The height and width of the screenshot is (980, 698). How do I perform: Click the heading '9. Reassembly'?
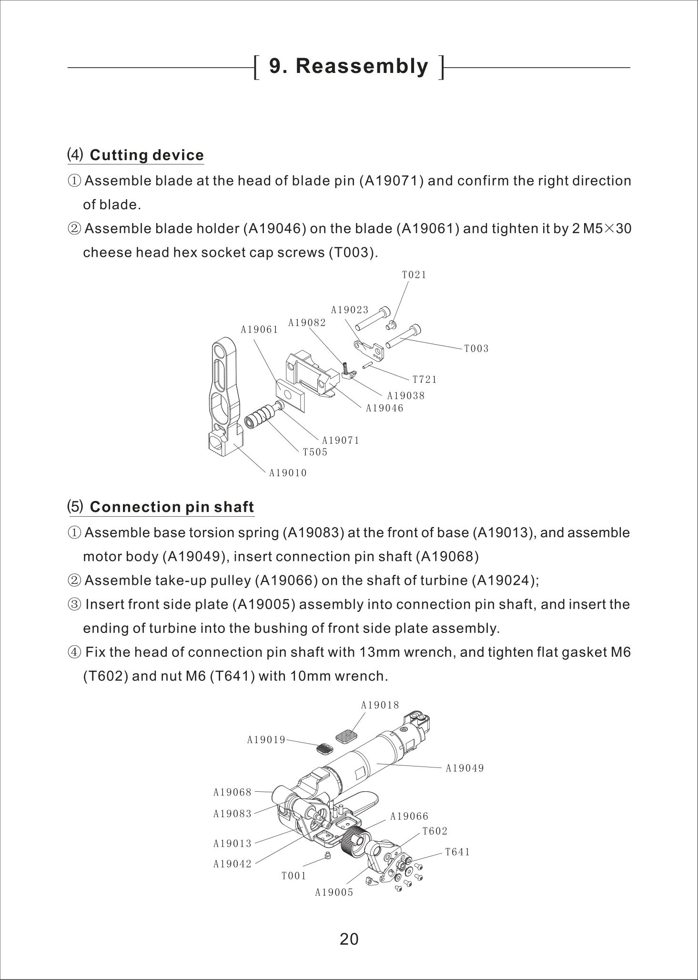pos(349,66)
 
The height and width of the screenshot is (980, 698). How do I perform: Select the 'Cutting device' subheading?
pos(146,155)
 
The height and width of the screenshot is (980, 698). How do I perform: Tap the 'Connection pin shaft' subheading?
pos(172,507)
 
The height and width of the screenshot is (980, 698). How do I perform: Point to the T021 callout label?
pos(414,275)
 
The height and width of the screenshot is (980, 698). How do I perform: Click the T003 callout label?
pos(476,348)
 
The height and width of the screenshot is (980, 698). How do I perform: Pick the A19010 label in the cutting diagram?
pos(288,473)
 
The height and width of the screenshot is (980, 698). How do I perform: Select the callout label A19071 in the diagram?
pos(341,440)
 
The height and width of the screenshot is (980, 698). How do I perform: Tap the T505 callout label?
pos(315,452)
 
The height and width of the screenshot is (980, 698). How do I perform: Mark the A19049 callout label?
pos(465,768)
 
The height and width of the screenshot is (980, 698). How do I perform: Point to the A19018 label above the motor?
pos(380,705)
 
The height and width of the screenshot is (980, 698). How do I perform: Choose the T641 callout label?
pos(457,852)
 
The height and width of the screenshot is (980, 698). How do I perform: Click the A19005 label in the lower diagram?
pos(334,892)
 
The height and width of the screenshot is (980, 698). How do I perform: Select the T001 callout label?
pos(293,876)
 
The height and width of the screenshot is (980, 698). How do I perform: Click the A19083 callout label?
pos(232,814)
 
